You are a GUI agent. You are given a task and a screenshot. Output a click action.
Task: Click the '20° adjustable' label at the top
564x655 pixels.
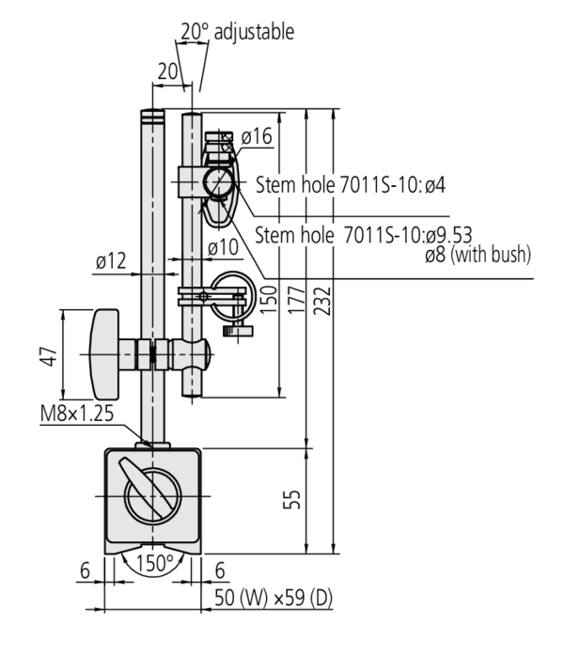click(x=237, y=32)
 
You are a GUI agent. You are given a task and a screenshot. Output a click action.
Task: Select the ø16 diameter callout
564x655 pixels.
click(x=256, y=137)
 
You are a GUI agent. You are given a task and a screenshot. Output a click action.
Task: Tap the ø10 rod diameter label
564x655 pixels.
click(x=222, y=246)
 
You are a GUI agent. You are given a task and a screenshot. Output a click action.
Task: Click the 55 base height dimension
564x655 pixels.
click(x=294, y=500)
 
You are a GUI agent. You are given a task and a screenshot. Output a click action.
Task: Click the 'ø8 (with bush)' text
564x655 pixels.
click(x=477, y=253)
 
